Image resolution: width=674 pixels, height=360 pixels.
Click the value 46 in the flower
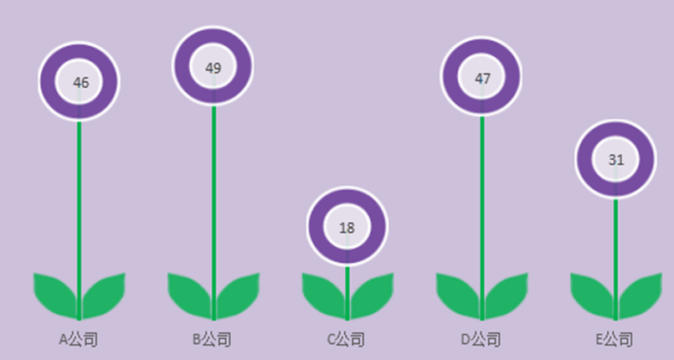point(81,83)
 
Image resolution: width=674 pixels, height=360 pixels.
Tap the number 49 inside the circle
point(214,68)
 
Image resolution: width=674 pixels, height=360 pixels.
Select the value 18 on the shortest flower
point(347,228)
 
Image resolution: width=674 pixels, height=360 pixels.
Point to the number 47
point(482,79)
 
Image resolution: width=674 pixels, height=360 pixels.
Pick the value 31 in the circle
point(616,160)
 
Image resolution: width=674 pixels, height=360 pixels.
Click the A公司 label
point(78,339)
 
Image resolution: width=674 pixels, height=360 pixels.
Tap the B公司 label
point(212,339)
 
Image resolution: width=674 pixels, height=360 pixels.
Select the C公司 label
point(346,339)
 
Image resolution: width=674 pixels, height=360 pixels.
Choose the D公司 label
point(481,339)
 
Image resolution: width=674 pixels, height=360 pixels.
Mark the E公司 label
point(615,339)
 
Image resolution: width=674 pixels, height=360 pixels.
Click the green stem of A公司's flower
point(79,221)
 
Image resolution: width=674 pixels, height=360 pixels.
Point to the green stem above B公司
point(214,213)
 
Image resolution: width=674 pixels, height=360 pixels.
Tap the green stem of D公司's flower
point(482,219)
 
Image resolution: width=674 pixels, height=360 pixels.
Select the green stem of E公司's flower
point(615,260)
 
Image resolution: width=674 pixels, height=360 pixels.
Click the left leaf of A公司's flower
point(57,295)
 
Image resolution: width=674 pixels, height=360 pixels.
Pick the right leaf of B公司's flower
point(237,295)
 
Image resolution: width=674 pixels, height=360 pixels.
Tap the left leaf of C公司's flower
point(326,295)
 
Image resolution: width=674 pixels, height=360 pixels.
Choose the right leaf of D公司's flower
point(506,295)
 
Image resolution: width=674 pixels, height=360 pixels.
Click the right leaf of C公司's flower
point(371,295)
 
